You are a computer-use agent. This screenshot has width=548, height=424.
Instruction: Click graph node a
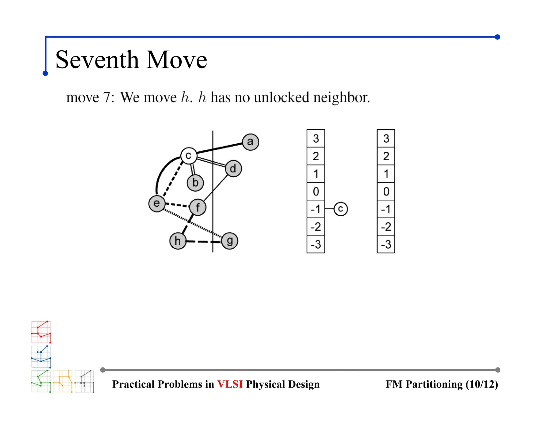point(250,142)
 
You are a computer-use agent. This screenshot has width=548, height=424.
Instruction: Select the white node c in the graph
point(189,155)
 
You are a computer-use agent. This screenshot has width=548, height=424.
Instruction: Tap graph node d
point(233,169)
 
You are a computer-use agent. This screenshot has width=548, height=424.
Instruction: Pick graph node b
point(195,183)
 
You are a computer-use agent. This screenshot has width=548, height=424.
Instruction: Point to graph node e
point(157,203)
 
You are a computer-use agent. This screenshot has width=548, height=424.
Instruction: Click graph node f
point(198,207)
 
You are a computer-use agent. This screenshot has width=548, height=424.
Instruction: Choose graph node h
point(178,241)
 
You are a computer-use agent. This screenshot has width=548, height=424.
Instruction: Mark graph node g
point(230,241)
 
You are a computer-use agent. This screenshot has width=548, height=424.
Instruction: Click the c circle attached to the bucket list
point(341,209)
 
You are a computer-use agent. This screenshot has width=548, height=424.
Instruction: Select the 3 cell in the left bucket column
point(316,139)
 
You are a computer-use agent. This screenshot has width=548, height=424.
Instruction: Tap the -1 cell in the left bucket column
point(316,209)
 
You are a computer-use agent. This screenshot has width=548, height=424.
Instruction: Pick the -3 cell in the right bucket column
point(386,244)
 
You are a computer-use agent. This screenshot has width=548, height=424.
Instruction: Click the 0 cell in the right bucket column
point(386,191)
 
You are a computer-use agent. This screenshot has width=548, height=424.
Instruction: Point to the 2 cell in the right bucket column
point(386,156)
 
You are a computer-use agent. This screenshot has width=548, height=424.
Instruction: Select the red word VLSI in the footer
point(230,384)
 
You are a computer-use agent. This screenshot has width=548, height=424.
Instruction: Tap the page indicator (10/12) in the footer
point(482,384)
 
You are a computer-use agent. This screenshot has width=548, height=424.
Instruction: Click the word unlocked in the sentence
point(281,97)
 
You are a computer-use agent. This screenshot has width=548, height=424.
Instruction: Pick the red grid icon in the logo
point(41,332)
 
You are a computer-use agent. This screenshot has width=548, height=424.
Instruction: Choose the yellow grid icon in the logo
point(63,381)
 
